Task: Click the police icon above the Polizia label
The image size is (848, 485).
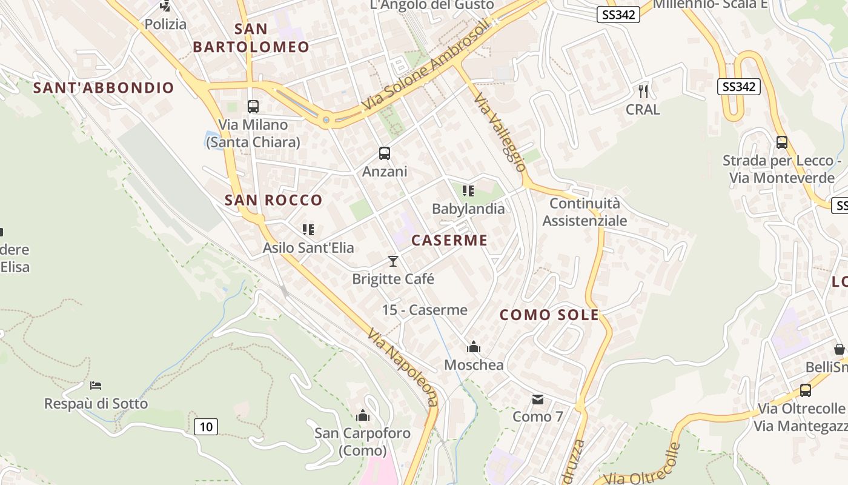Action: (165, 5)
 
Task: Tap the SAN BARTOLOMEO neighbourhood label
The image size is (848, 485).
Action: (251, 38)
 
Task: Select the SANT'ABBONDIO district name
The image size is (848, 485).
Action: (104, 88)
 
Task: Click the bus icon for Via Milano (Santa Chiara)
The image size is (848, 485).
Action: (253, 107)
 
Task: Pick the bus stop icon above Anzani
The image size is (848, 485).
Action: (385, 153)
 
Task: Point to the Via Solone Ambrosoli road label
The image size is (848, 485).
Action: (425, 67)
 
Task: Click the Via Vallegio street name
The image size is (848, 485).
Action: (500, 132)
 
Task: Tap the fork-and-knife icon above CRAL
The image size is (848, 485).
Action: (643, 92)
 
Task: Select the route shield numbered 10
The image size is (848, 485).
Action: (206, 427)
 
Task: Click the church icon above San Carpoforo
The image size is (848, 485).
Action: (363, 415)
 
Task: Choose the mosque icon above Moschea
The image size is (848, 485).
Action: (474, 347)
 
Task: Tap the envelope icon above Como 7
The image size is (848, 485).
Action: (538, 399)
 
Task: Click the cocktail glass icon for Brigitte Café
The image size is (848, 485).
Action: (393, 261)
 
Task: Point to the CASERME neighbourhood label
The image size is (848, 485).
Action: (449, 240)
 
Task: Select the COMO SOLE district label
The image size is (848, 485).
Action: (549, 315)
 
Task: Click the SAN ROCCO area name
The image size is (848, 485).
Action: (274, 200)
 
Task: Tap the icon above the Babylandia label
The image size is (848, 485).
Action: (468, 191)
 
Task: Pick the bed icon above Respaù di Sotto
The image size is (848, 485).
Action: (96, 386)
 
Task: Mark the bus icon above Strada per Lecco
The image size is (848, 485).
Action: (782, 142)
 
